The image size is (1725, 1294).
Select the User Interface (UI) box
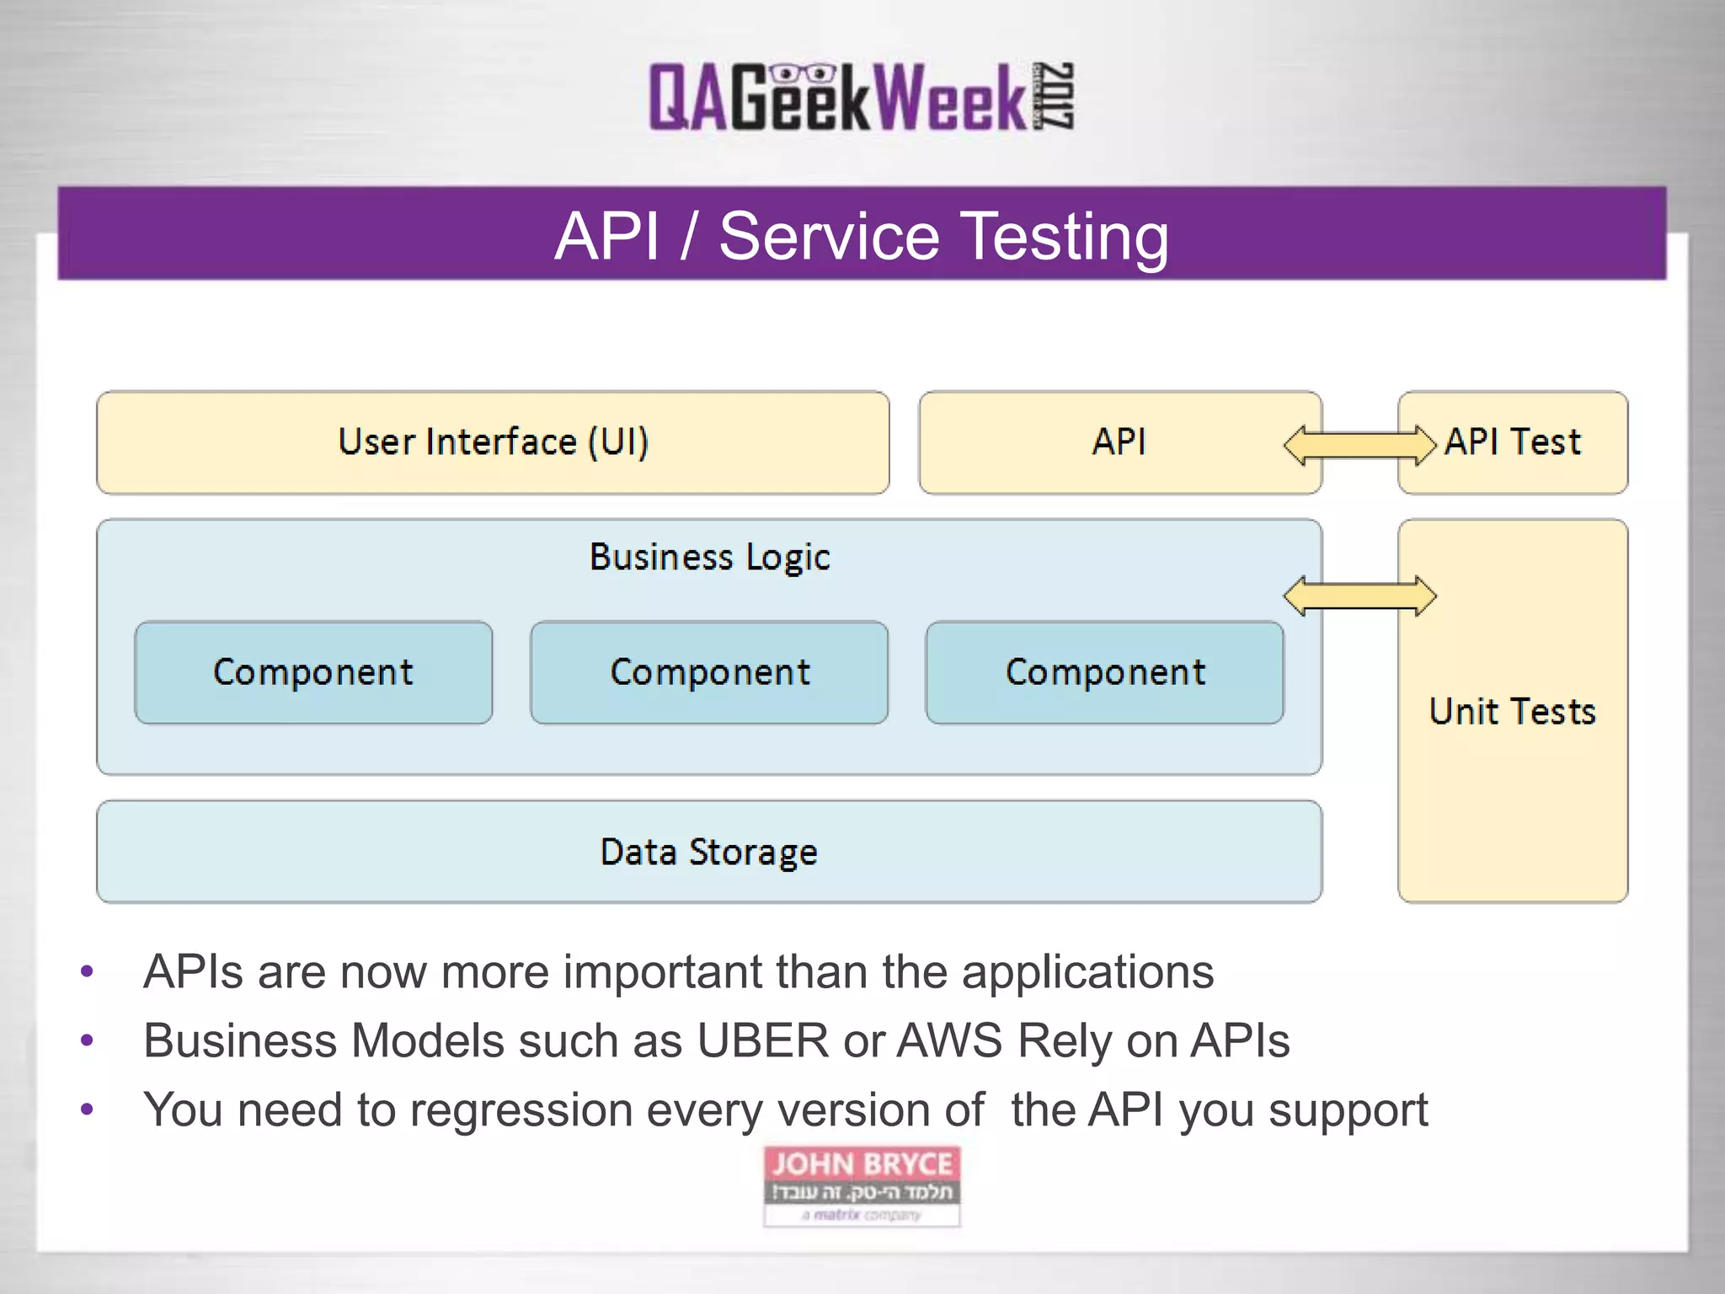point(493,442)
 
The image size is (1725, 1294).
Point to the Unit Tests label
point(1513,712)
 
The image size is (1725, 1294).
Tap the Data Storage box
point(708,852)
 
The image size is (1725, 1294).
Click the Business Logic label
point(709,557)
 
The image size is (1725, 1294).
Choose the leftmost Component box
point(313,672)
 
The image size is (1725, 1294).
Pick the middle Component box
point(709,672)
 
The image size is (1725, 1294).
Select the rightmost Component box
point(1104,672)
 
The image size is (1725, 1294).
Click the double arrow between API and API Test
point(1359,445)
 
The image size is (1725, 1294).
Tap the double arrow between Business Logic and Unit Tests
point(1359,596)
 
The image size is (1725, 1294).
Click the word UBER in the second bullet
point(762,1041)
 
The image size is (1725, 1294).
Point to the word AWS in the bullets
point(949,1041)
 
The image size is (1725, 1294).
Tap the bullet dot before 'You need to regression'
point(87,1110)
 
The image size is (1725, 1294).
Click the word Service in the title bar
point(829,237)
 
